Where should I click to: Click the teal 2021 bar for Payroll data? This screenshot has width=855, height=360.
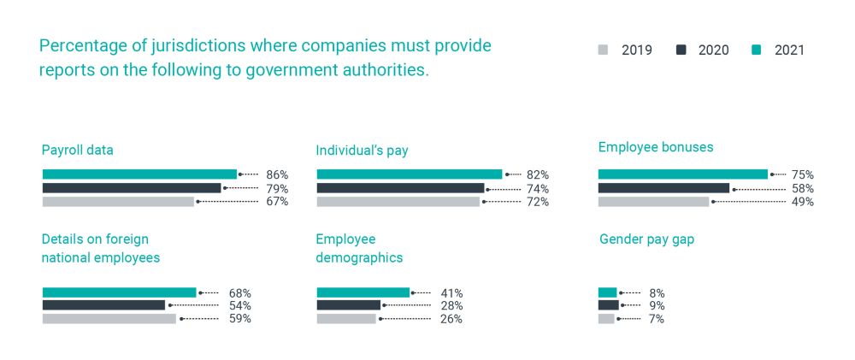tap(139, 174)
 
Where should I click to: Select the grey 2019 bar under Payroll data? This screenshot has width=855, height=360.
tap(118, 202)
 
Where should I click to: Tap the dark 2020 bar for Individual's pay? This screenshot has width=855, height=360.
tap(400, 188)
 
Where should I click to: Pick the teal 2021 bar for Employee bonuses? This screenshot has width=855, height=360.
tap(682, 174)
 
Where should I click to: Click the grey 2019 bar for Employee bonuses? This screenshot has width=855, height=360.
tap(653, 202)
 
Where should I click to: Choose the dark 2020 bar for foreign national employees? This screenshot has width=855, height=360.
tap(103, 305)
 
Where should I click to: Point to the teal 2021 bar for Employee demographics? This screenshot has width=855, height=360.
tap(363, 292)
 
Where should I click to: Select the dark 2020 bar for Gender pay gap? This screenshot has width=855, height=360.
tap(608, 305)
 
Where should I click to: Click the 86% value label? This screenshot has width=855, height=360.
tap(277, 174)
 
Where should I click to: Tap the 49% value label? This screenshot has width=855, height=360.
tap(802, 202)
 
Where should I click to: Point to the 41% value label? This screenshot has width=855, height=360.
tap(451, 292)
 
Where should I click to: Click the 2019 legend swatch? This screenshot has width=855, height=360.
tap(603, 50)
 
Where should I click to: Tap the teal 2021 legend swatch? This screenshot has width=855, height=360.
tap(756, 50)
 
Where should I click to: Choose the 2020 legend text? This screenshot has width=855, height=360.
tap(713, 50)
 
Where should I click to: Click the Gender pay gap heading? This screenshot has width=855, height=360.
tap(646, 239)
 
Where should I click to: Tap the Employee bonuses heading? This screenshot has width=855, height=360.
tap(656, 147)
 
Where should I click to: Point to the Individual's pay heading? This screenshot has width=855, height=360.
tap(362, 150)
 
